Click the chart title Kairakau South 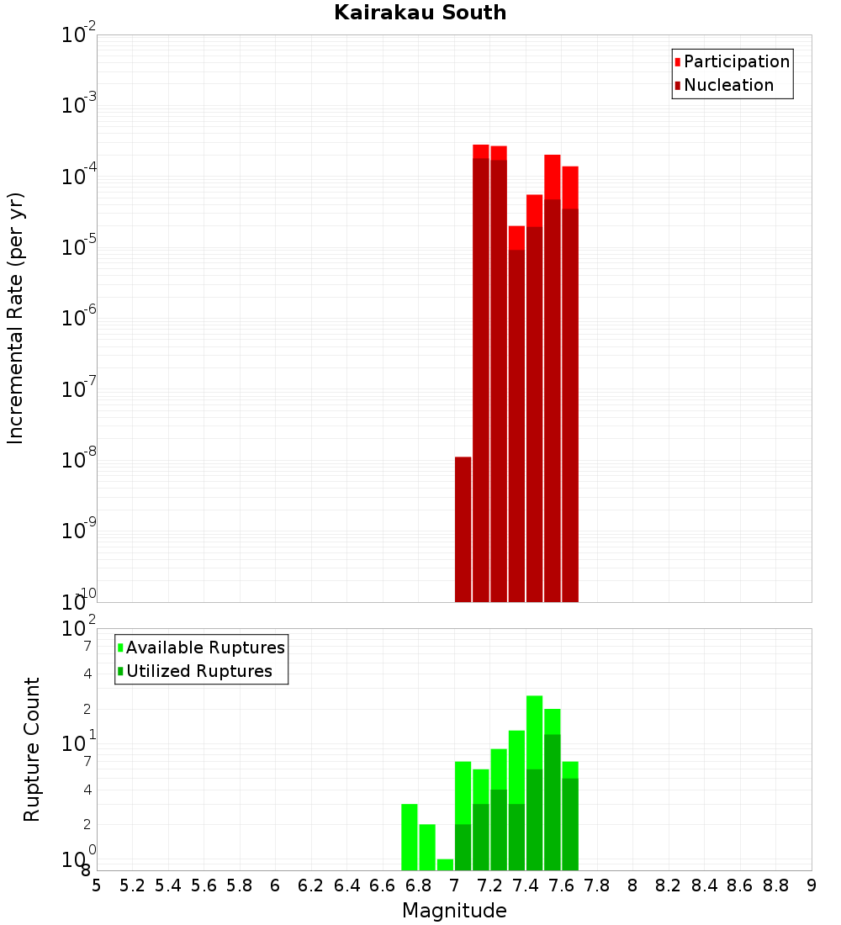420,13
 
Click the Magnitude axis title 454,911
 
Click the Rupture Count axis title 32,749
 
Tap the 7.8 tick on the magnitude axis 597,885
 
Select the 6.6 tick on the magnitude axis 383,885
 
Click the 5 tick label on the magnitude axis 97,885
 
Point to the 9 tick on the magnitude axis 812,885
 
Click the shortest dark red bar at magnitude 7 463,530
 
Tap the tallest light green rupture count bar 534,782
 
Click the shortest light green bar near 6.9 445,864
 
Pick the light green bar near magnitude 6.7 410,837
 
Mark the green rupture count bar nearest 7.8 570,816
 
